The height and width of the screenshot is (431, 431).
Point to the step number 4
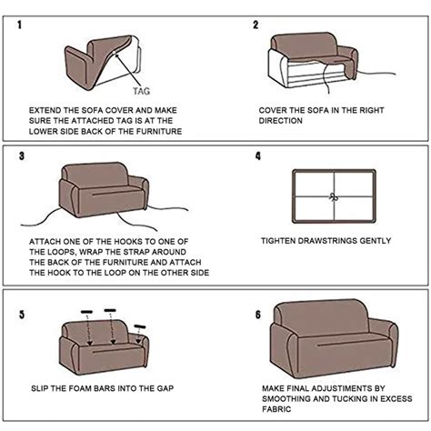point(258,156)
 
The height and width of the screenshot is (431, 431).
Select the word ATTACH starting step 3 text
point(45,241)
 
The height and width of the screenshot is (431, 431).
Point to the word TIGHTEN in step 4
point(281,241)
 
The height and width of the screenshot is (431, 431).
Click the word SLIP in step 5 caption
point(39,388)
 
